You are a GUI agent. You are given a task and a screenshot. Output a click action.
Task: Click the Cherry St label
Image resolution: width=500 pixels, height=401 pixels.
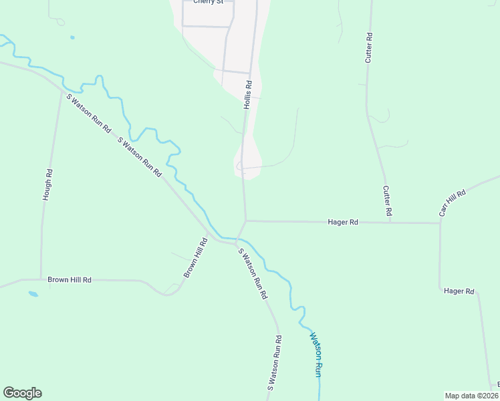pos(207,2)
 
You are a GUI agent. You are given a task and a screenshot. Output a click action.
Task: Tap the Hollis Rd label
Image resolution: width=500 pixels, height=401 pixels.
pos(247,96)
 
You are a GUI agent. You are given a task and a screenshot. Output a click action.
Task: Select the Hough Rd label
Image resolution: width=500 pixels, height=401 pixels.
pos(47,185)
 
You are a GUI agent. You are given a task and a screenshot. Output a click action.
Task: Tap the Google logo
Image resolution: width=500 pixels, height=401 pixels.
pos(22,393)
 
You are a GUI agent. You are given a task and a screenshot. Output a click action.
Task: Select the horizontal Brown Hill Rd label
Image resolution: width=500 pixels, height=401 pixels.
pos(69,279)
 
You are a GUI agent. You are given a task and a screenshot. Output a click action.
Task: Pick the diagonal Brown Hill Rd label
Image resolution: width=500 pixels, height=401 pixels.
pos(196,258)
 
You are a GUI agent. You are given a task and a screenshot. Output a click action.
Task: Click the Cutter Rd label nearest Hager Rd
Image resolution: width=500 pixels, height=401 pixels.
pos(386,200)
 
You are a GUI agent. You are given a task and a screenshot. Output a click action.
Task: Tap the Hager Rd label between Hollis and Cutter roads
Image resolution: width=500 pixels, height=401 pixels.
pos(343,221)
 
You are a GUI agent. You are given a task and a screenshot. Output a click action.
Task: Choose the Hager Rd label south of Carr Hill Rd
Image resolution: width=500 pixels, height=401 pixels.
pos(459,291)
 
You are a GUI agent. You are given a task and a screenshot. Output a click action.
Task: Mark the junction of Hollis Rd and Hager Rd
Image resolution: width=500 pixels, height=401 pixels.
pos(245,220)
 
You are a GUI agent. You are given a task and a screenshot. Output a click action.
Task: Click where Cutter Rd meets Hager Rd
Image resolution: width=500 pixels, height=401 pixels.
pos(391,222)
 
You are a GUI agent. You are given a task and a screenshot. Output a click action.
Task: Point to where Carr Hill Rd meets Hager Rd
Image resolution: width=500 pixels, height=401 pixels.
pos(440,223)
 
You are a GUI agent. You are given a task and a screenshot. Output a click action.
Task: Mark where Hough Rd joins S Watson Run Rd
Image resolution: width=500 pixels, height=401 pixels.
pos(61,90)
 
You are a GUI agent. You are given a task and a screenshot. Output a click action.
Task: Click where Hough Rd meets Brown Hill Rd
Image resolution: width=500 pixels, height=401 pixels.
pos(41,279)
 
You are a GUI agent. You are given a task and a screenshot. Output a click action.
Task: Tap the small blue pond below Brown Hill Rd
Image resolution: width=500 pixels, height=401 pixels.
pos(33,293)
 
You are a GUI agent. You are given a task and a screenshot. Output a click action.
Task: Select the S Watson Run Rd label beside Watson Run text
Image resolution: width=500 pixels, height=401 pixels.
pos(274,362)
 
